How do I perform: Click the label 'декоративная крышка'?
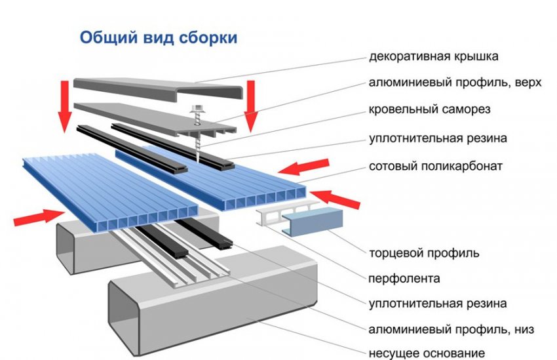point(434,56)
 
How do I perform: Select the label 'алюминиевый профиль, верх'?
point(451,83)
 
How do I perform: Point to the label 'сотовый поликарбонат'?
point(436,166)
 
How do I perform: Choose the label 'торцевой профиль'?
point(424,252)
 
